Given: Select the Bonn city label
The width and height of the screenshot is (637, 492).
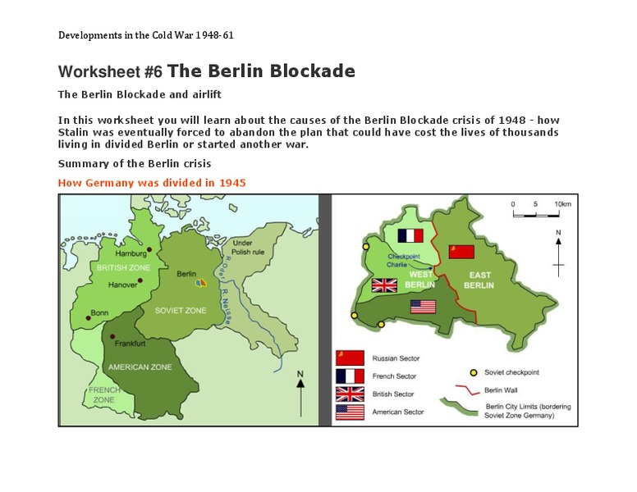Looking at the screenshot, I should (100, 313).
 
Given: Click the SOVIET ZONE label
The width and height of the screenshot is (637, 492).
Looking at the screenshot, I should (180, 311).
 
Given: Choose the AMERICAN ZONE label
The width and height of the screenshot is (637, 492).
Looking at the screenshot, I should (140, 367).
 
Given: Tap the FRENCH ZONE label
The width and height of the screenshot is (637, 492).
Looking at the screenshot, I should (103, 395).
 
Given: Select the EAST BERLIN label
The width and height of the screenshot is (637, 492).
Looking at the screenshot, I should (479, 280).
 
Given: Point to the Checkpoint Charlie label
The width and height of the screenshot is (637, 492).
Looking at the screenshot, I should (403, 261).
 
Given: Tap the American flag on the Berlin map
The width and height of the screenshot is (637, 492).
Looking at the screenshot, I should (422, 307).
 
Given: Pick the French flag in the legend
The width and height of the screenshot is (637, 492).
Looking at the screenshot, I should (349, 376).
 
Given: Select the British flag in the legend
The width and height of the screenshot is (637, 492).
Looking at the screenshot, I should (349, 394).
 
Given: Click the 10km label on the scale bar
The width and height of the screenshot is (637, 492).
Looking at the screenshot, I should (563, 203).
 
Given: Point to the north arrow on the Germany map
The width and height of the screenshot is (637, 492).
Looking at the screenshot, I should (300, 392).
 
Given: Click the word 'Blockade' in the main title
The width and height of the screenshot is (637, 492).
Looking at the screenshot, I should (303, 71).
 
